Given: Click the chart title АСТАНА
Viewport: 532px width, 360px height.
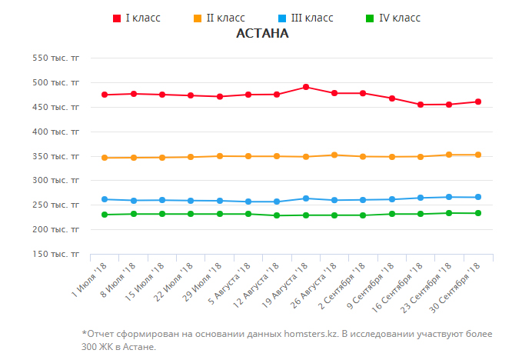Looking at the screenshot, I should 262,34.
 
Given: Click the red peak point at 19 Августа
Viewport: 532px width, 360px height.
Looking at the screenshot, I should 306,87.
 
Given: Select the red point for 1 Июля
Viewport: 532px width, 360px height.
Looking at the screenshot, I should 105,95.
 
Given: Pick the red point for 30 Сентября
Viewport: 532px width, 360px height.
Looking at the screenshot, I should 478,102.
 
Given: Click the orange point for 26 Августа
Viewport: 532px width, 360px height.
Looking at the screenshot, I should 334,155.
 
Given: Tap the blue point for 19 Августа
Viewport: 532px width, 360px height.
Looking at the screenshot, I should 306,198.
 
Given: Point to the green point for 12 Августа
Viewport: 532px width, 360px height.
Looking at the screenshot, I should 277,215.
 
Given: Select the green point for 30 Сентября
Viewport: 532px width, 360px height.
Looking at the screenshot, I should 478,213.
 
